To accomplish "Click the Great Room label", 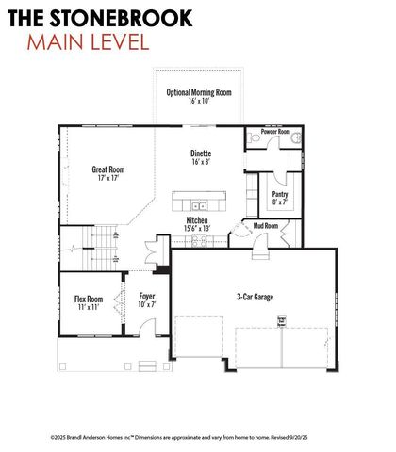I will point(108,170).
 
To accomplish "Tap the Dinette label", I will point(200,153).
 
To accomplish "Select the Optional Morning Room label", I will point(199,92).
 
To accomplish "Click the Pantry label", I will point(281,194).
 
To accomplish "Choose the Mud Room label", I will point(266,226).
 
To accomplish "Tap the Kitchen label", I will point(197,220).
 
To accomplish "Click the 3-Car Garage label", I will point(255,297).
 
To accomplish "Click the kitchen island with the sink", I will point(199,203).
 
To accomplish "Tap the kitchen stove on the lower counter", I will point(200,241).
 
